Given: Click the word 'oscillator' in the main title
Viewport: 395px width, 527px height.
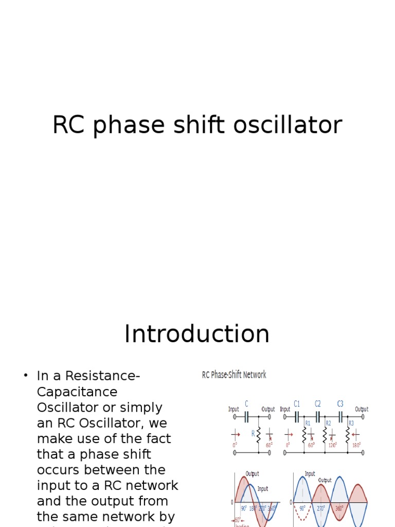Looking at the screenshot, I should tap(293, 125).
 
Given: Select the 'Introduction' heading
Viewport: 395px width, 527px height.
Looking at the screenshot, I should tap(197, 334).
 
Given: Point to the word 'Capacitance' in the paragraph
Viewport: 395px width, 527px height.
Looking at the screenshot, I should tap(77, 392).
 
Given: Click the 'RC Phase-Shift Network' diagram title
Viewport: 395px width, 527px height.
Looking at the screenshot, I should tap(234, 375).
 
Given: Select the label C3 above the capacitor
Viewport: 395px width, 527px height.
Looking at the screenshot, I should tap(340, 404).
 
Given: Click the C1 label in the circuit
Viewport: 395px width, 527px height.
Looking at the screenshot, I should tap(297, 404).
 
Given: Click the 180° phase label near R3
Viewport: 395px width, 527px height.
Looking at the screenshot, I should tap(356, 446).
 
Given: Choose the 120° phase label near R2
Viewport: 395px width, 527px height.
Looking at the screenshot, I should tap(333, 446).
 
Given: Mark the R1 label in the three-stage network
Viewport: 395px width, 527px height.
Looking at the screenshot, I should tap(308, 424).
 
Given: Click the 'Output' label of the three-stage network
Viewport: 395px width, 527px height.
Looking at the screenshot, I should tap(362, 410).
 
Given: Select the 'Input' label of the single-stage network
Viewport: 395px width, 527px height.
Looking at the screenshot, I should tap(234, 410).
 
